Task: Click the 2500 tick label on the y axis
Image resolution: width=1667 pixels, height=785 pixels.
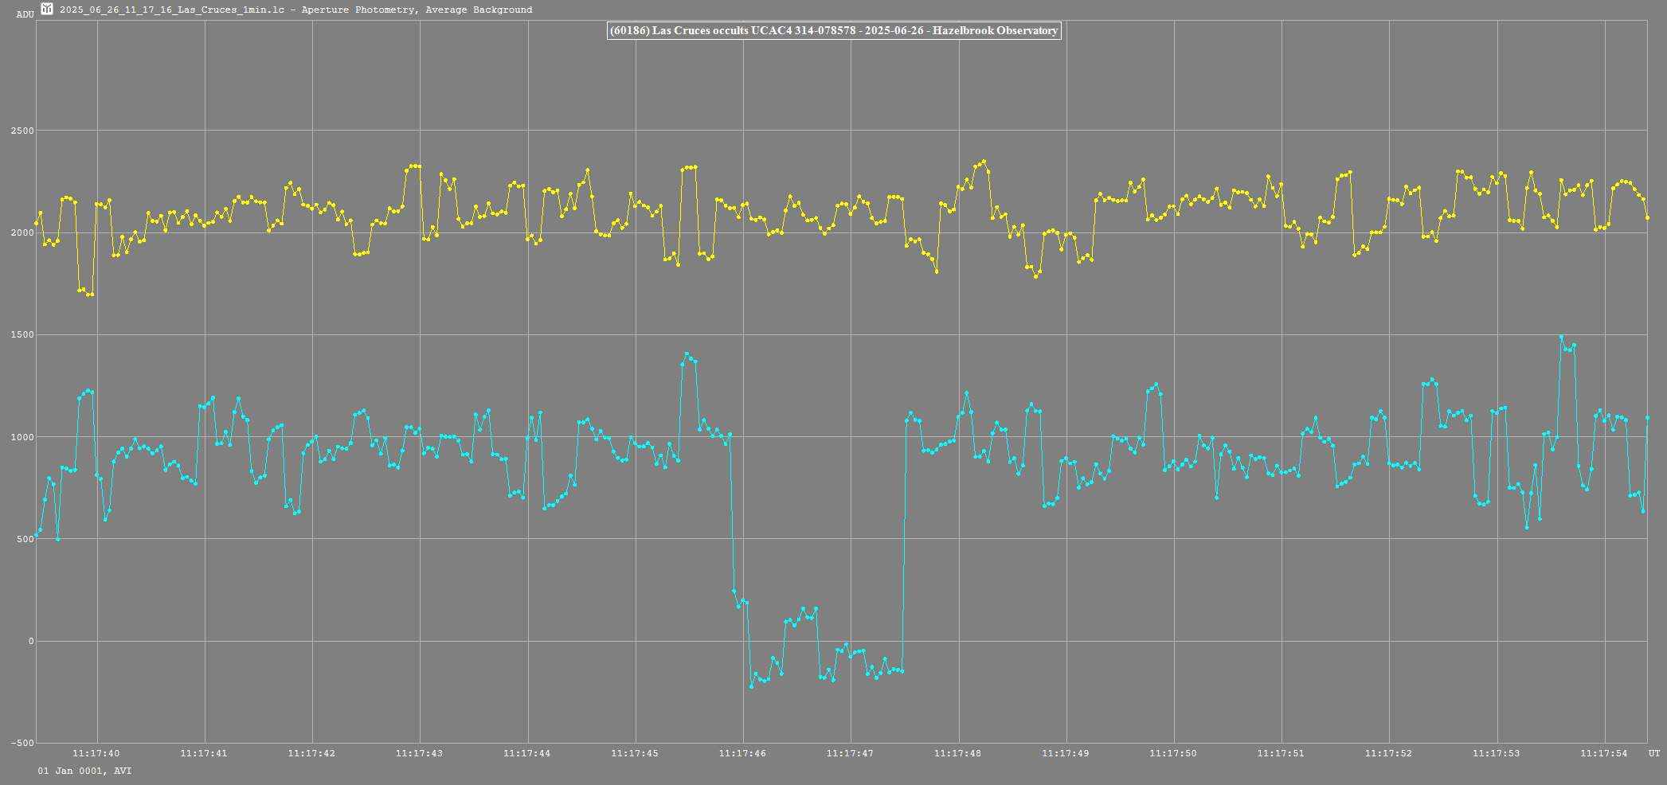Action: coord(24,131)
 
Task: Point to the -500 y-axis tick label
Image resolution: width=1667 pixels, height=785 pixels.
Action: coord(22,744)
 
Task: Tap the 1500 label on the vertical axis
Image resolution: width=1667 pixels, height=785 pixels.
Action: coord(24,335)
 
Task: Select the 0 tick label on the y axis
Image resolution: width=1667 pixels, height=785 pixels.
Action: coord(31,642)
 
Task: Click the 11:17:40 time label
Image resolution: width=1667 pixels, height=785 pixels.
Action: coord(96,753)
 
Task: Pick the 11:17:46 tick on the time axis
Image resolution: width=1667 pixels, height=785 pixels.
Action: coord(742,753)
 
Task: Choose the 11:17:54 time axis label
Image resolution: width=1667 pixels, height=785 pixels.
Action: coord(1604,753)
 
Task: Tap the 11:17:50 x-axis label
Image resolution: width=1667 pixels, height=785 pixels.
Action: coord(1173,753)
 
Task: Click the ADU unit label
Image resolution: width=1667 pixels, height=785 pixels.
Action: coord(25,14)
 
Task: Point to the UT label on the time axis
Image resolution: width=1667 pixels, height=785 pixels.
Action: coord(1654,753)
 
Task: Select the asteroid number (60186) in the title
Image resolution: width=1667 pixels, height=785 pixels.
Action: coord(629,31)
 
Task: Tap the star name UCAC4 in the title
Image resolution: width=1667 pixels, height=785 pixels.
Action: coord(771,31)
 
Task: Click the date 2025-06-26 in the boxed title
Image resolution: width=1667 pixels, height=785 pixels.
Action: coord(894,31)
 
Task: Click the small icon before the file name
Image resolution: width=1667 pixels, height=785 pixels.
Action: coord(47,10)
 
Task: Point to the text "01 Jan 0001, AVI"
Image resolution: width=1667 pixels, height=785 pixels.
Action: coord(84,771)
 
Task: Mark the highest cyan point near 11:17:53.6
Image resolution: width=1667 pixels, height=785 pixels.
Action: coord(1561,337)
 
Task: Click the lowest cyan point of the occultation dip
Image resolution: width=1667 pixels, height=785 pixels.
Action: coord(751,686)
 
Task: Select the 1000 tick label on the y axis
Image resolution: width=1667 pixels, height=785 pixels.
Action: coord(24,437)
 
